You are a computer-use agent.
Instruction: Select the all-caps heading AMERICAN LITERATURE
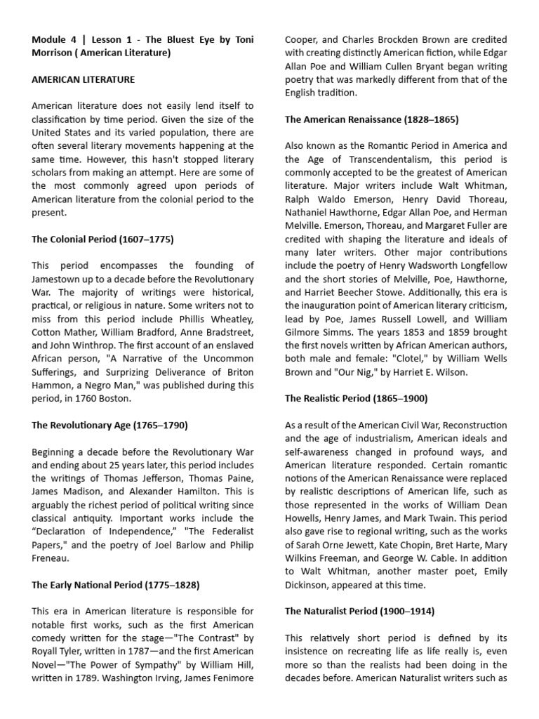tap(83, 79)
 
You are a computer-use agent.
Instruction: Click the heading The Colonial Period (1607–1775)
tap(102, 239)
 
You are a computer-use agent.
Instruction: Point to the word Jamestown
tap(58, 279)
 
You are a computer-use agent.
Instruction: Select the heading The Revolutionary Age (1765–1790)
tap(109, 426)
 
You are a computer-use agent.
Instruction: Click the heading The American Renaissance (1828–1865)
tap(371, 119)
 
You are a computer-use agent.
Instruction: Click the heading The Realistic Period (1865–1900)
tap(356, 398)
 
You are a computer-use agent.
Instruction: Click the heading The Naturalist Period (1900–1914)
tap(359, 611)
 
